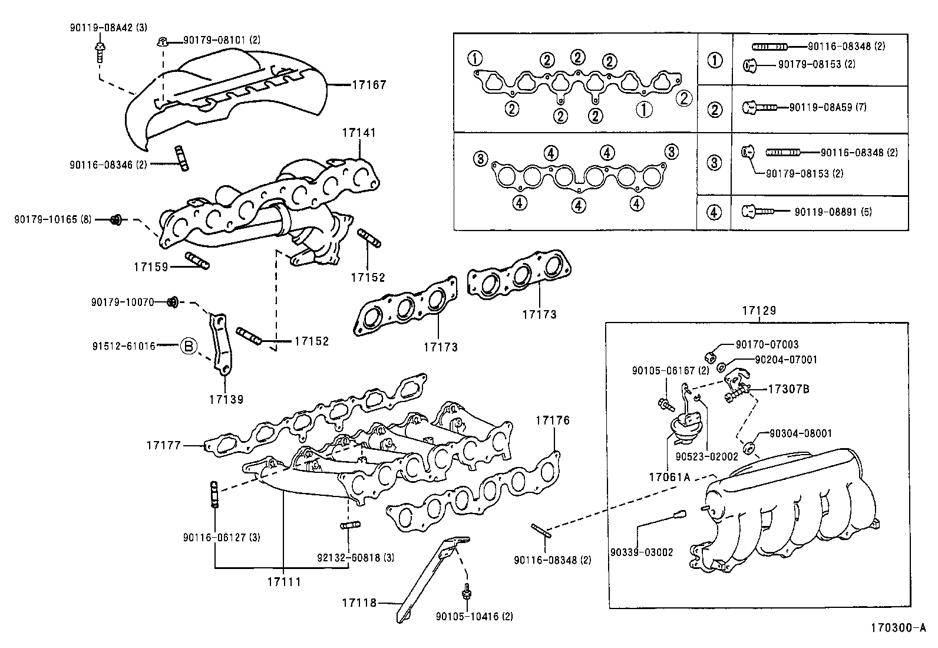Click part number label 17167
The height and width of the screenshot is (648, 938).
[x=369, y=85]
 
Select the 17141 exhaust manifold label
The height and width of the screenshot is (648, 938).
[x=358, y=133]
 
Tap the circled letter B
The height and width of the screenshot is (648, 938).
[x=188, y=346]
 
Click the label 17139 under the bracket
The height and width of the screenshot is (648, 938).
[x=226, y=399]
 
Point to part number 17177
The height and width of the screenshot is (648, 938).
[x=164, y=446]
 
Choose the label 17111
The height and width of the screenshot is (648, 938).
[x=283, y=582]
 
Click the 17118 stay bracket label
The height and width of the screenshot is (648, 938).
[x=359, y=603]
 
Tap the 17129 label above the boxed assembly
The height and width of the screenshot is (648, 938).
[x=759, y=310]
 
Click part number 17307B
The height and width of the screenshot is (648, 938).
[x=788, y=389]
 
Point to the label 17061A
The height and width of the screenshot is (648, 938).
[x=669, y=477]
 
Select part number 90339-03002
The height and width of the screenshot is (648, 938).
[x=642, y=552]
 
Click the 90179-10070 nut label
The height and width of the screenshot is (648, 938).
[x=122, y=302]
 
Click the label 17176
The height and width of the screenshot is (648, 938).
[x=552, y=420]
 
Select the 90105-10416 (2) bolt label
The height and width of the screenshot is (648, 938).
[x=474, y=616]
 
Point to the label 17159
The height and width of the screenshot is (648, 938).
[x=151, y=267]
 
